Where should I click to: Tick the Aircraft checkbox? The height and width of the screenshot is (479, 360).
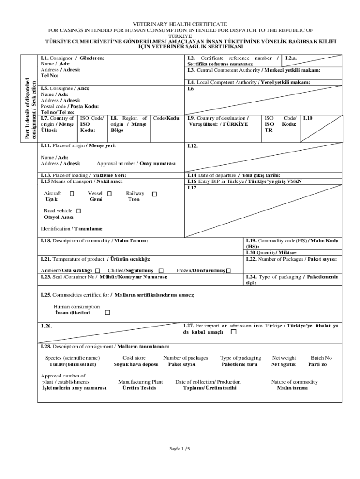72,194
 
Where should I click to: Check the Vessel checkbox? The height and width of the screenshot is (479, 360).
109,194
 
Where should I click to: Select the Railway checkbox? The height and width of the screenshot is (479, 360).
154,194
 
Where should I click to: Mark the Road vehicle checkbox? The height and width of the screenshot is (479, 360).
78,211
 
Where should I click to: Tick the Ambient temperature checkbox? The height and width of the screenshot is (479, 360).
97,271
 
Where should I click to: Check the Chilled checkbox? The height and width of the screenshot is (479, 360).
161,271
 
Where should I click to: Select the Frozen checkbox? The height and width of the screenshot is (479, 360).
228,271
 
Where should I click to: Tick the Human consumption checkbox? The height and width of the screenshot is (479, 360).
108,312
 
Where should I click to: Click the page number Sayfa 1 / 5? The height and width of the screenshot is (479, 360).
180,449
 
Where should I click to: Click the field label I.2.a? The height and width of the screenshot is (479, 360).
292,58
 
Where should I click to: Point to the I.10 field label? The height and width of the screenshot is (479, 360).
308,119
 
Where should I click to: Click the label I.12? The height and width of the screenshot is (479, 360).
193,146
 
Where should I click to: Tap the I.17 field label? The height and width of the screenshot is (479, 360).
192,188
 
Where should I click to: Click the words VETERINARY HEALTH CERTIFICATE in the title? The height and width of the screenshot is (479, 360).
180,24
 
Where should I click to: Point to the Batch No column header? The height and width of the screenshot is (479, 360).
321,358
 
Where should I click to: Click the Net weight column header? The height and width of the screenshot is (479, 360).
284,358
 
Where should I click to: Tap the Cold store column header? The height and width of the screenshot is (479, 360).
134,358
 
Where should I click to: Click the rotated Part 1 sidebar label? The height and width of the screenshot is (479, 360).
30,108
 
